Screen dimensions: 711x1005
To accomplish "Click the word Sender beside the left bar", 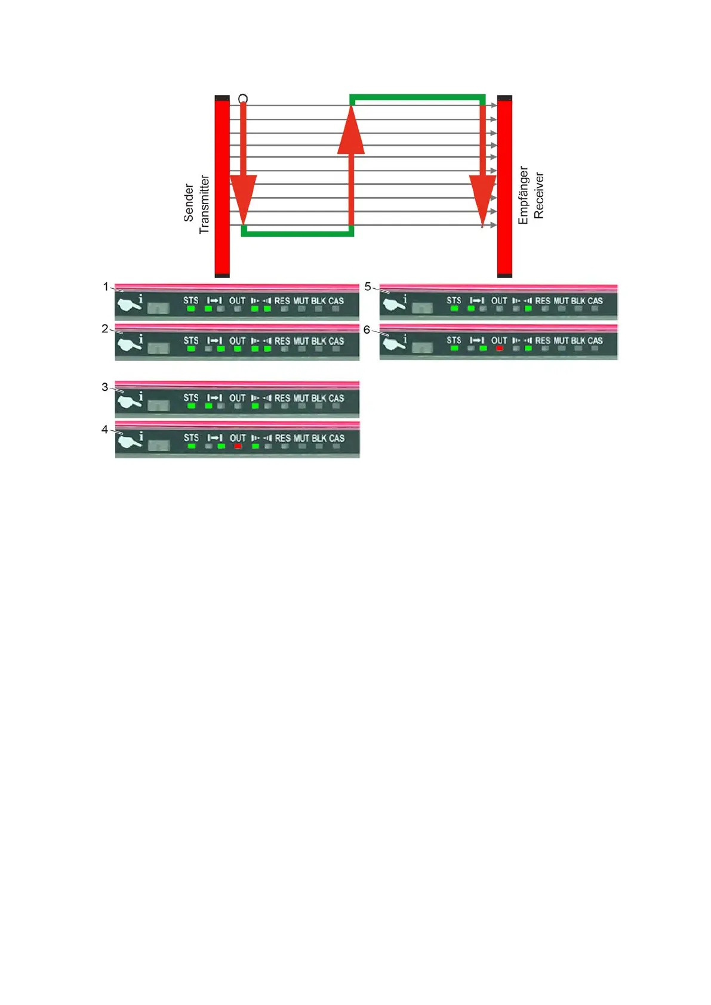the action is point(189,203).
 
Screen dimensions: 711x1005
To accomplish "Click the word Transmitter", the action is point(204,204).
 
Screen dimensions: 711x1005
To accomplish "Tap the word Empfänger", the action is point(524,195).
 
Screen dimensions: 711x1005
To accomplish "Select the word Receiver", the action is point(538,195).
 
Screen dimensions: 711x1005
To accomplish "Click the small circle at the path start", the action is point(243,98).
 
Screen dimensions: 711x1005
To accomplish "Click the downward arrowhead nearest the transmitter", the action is point(244,197).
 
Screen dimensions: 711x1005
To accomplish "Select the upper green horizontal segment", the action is point(417,97).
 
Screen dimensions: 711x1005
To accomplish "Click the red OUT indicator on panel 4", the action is point(238,446).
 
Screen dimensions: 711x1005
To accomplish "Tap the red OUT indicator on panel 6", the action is point(499,348).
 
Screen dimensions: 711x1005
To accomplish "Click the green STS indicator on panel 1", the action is point(191,309).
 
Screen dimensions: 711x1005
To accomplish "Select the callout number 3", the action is point(105,387).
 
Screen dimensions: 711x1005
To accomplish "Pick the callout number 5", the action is point(368,286).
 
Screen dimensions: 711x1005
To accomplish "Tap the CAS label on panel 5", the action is point(595,301).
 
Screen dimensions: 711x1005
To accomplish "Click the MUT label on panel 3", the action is point(301,398).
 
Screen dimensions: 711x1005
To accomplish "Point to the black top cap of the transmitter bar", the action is point(222,98).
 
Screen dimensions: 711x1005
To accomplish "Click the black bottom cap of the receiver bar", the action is point(504,275).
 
